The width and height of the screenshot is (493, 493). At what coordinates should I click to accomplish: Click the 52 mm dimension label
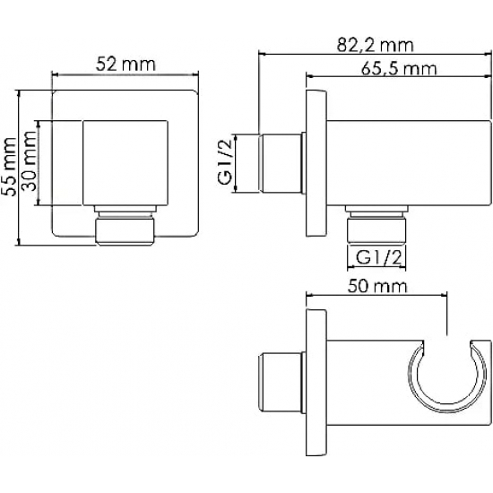[125, 65]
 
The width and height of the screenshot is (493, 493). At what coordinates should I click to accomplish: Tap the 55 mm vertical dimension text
[8, 167]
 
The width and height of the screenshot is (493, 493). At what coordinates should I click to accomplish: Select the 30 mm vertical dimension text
[30, 161]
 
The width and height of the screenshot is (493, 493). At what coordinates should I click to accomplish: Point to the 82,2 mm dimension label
[375, 46]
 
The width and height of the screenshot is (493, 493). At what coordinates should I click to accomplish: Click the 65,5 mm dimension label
[399, 68]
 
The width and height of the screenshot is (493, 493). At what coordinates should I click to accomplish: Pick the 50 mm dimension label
[377, 287]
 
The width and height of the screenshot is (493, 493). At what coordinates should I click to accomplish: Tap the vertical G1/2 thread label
[225, 162]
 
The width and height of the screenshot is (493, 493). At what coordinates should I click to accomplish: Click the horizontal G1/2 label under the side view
[379, 258]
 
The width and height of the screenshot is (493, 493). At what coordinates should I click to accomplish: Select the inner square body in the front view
[125, 163]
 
